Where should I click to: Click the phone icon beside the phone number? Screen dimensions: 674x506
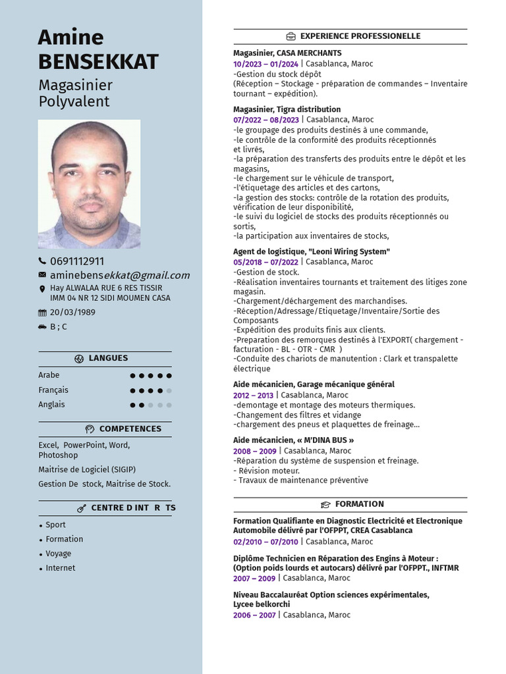point(42,261)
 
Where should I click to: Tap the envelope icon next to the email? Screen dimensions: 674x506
point(42,274)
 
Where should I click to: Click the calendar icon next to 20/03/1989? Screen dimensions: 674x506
point(42,313)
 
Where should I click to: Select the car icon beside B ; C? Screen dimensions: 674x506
point(42,326)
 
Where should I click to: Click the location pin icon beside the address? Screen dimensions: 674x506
point(42,288)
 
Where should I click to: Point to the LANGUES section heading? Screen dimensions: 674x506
point(108,358)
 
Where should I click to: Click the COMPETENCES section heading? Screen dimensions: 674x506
point(130,428)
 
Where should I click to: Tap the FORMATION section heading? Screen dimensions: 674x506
point(359,504)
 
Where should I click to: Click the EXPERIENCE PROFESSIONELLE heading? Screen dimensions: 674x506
point(360,36)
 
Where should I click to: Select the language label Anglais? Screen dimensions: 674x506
point(51,405)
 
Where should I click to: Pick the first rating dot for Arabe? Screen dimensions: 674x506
point(133,376)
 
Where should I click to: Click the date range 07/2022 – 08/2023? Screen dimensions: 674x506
point(266,120)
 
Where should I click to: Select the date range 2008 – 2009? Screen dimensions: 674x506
point(255,451)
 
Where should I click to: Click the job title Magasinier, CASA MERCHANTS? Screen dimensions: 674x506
point(287,53)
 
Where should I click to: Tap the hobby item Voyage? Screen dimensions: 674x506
point(58,554)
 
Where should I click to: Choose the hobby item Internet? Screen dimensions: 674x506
point(60,568)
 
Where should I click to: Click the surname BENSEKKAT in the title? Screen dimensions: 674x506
point(98,61)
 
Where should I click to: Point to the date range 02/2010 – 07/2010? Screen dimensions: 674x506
point(266,542)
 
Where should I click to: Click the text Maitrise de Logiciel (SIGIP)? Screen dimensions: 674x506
point(86,469)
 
